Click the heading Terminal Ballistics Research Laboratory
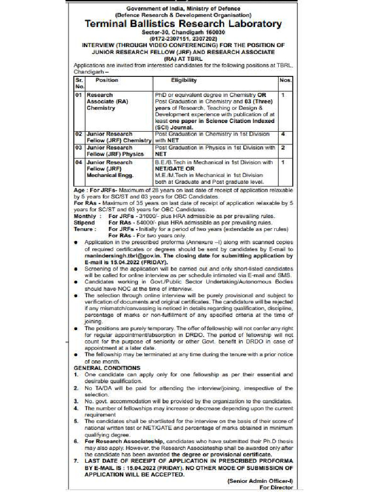183,24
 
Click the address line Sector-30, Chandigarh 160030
183,32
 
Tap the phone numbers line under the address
183,38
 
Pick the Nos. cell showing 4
283,134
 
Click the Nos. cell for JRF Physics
283,148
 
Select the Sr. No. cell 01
79,95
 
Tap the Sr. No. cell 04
79,162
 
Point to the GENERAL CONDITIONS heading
100,368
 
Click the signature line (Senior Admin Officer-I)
259,480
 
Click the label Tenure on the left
84,229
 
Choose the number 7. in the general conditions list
76,460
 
